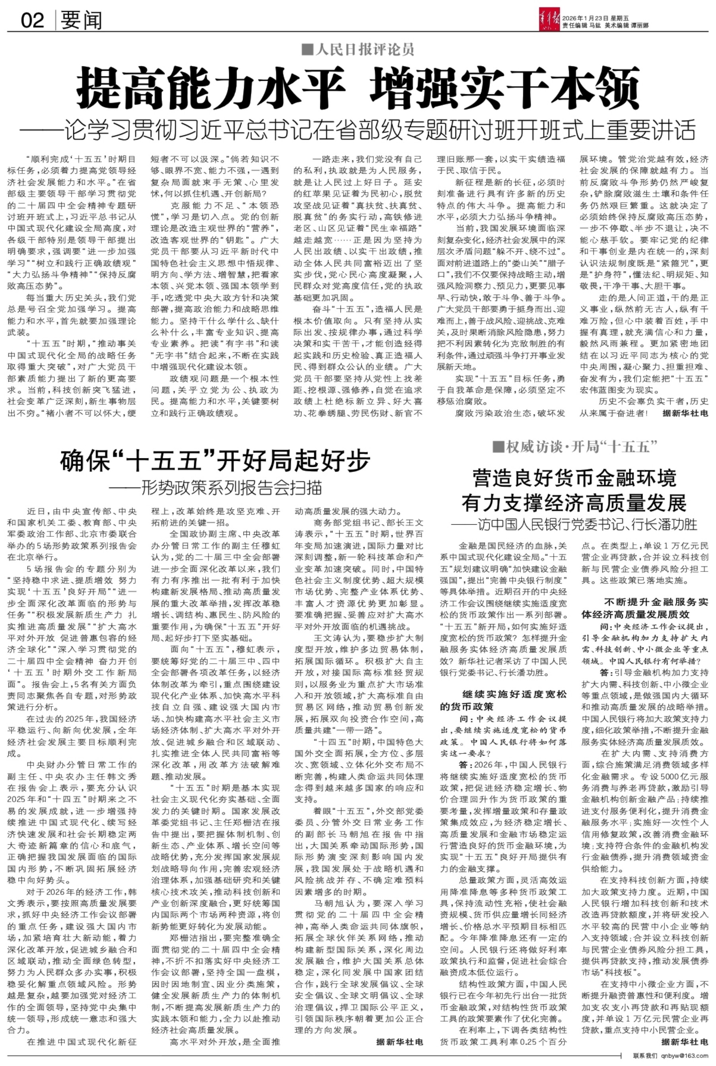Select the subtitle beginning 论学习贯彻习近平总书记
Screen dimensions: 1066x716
[x=358, y=131]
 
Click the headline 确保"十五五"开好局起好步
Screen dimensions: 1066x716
[x=215, y=461]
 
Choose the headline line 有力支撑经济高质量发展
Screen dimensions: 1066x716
[x=574, y=503]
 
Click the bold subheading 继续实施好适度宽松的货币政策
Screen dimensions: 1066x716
[x=503, y=700]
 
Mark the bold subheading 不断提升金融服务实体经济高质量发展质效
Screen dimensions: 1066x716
[x=645, y=608]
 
